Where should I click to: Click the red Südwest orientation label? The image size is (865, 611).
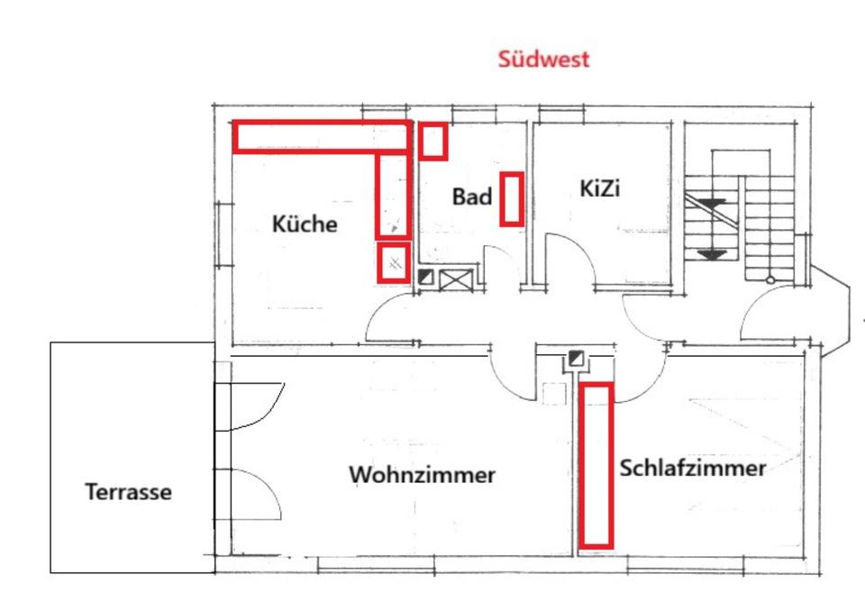coord(543,59)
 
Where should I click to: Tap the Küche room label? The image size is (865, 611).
coord(305,223)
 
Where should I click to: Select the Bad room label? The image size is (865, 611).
coord(471,196)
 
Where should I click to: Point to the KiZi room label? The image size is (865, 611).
coord(601,190)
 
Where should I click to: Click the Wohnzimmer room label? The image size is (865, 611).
coord(423,474)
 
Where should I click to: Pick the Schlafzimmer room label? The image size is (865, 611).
coord(693,469)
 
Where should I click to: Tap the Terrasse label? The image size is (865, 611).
coord(128,493)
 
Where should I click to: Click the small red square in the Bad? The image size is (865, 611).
coord(433,141)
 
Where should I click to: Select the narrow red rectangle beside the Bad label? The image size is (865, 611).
coord(512,198)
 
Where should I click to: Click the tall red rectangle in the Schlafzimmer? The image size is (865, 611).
coord(596,465)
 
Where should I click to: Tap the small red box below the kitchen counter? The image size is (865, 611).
coord(394,263)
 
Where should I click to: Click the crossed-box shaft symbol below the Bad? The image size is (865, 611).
coord(455,278)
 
